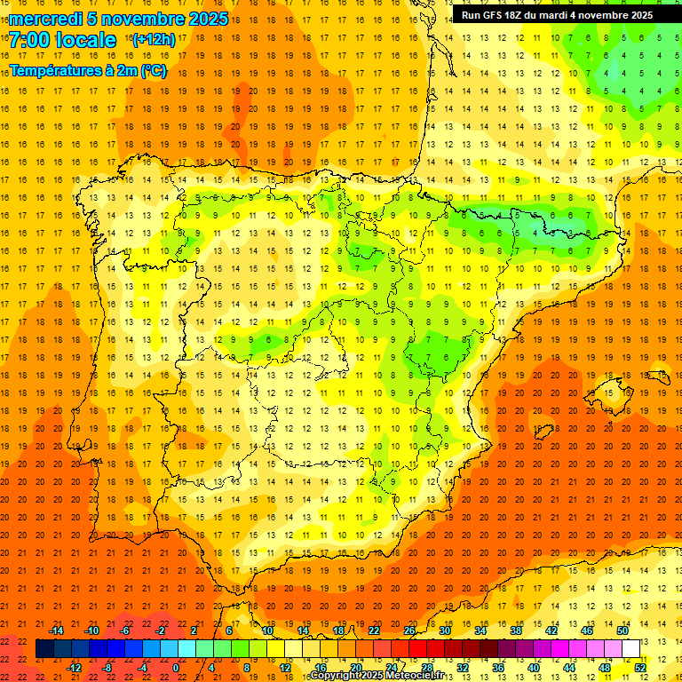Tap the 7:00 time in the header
click(29, 41)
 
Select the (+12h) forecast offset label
click(154, 39)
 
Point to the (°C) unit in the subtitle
click(153, 70)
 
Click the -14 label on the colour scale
click(57, 630)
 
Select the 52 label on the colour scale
click(640, 668)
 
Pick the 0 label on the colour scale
click(176, 668)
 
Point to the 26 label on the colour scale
click(409, 630)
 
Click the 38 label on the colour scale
click(516, 630)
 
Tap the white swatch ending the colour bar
click(631, 649)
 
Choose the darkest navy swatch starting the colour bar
click(44, 649)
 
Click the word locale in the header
click(85, 41)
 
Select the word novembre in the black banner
click(606, 15)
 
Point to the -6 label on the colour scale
click(125, 630)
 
